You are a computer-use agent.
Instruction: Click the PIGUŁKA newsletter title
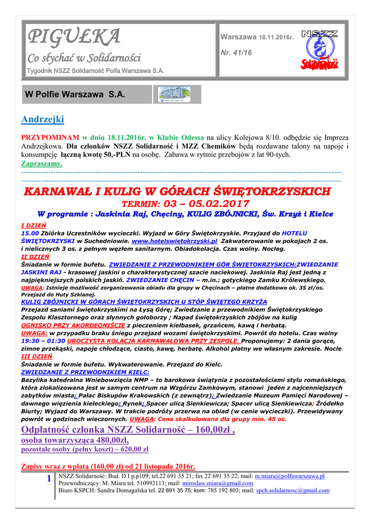coord(75,37)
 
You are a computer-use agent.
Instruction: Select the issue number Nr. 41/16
coord(232,52)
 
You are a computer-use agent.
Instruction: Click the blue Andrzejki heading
coord(43,120)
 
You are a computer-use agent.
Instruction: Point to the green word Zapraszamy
coord(42,163)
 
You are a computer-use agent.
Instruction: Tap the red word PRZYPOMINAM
coord(50,138)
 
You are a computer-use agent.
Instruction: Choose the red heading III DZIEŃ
coord(36,356)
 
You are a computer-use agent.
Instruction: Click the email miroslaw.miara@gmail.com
coord(217,483)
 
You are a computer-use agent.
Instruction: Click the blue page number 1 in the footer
coord(48,479)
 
